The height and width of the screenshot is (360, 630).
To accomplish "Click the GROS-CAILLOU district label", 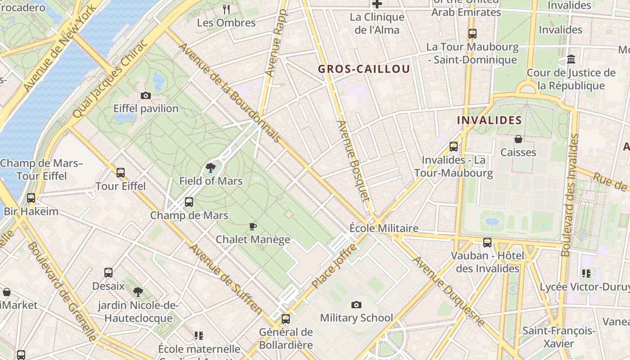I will click(364, 69).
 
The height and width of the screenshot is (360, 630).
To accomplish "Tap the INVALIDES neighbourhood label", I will click(489, 120).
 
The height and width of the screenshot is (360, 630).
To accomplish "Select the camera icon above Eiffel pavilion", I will click(145, 95).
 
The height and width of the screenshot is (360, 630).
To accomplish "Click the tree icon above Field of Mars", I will click(210, 168).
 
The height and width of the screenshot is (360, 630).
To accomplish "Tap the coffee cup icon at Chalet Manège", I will click(252, 226).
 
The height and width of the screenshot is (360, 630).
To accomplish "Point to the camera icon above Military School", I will click(356, 305).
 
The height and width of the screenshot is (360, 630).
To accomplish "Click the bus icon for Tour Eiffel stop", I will click(120, 172).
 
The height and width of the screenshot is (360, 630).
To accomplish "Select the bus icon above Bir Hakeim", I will click(31, 198).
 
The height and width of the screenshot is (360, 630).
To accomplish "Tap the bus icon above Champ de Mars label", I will click(189, 202).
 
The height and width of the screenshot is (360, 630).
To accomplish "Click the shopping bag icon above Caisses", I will click(518, 139).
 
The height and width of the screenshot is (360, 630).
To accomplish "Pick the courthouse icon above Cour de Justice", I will click(571, 59).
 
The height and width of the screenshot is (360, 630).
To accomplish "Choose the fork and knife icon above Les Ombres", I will click(226, 9).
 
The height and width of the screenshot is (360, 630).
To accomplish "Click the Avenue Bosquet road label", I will click(353, 161).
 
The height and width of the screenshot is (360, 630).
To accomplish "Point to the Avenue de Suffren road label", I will click(225, 279).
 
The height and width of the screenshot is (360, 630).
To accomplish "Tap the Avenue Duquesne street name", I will click(449, 291).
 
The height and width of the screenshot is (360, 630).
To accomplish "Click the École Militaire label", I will click(384, 228).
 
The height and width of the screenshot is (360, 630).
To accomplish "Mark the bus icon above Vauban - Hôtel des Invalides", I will click(487, 243).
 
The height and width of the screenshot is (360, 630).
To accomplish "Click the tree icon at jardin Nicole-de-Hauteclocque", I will click(138, 292).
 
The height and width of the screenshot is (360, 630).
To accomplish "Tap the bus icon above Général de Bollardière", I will click(285, 319).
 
